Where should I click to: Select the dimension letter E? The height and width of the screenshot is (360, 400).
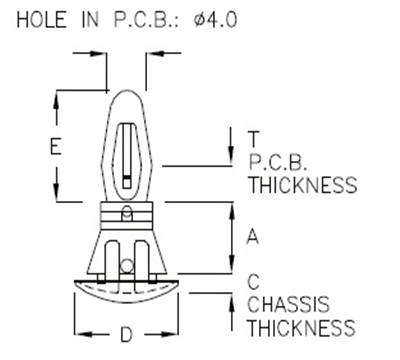point(57,147)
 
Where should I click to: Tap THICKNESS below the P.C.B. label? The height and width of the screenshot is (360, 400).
point(301,185)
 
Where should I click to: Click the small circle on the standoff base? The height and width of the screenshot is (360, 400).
point(127,264)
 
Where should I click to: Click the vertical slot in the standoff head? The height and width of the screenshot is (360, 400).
point(126,150)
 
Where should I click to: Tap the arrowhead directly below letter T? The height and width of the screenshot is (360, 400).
point(235,160)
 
